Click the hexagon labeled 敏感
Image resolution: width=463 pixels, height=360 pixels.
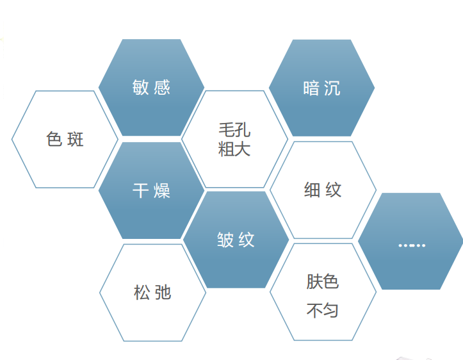point(151,87)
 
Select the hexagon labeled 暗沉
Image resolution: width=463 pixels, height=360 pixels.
point(322,88)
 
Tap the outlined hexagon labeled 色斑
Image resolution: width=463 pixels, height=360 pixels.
point(65,139)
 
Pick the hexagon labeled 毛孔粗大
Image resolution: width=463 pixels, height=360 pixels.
point(235,139)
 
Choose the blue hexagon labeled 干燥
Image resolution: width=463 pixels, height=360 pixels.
point(151,190)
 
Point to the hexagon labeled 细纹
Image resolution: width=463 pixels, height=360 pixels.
point(323,190)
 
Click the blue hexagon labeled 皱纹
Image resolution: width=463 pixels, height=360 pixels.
point(236,240)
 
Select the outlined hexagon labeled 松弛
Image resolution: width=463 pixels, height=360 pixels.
point(152,293)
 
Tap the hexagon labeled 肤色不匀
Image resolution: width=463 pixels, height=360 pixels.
point(323,292)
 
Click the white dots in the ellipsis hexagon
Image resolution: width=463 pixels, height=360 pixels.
point(412,245)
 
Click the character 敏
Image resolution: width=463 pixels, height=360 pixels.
point(140,87)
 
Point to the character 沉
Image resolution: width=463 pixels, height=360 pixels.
point(332,88)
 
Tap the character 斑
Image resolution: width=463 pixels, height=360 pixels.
point(76,139)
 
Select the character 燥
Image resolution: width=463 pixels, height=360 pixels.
point(162,190)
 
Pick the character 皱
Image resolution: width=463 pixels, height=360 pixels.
point(225,240)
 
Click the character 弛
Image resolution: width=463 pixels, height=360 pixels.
point(163,292)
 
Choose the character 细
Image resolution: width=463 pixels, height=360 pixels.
point(313,190)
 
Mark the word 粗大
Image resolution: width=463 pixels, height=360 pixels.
point(234,149)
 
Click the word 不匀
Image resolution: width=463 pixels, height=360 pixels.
point(323,310)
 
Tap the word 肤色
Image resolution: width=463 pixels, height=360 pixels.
point(323,281)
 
